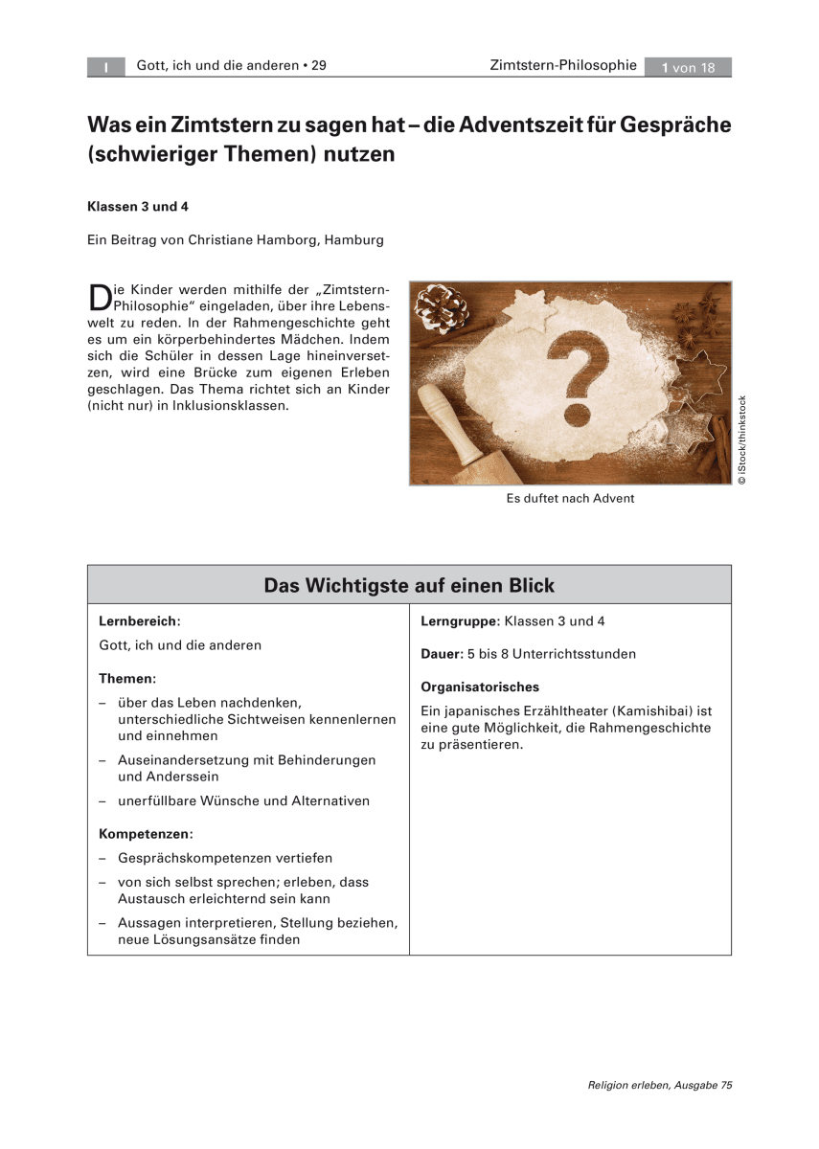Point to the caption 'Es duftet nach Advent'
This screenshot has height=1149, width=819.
click(570, 499)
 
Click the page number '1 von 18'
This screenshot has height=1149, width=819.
click(688, 67)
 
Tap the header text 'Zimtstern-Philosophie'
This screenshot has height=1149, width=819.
click(562, 66)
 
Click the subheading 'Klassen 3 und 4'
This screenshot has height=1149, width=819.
click(132, 206)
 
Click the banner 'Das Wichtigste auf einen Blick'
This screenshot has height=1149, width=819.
click(409, 585)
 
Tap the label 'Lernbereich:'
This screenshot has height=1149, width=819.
click(140, 620)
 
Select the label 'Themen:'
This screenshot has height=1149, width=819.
click(127, 678)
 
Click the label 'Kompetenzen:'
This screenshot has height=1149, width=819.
click(146, 834)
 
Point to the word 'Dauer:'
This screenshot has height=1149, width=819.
click(441, 654)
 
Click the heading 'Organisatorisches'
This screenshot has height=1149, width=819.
click(480, 687)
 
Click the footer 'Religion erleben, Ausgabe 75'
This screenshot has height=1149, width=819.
click(660, 1085)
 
